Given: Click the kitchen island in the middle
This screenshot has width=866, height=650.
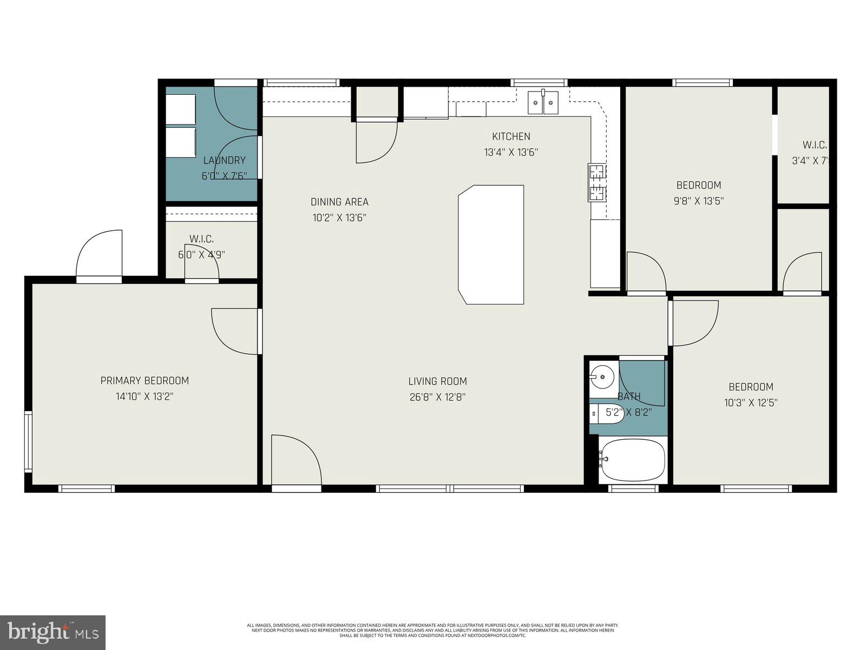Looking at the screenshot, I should click(x=491, y=244).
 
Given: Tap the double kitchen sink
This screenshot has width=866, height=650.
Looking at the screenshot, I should click(x=543, y=102).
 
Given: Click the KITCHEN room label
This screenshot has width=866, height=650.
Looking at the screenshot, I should click(x=511, y=136).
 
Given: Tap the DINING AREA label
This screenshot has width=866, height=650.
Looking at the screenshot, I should click(x=339, y=202).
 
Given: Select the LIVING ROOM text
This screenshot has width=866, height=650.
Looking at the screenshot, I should click(x=437, y=381).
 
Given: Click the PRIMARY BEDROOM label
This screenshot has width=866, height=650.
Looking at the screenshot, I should click(x=145, y=381).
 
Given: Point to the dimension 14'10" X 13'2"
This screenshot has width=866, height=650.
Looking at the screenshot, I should click(x=145, y=396).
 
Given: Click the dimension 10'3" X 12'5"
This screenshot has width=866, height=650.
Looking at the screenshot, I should click(x=751, y=402).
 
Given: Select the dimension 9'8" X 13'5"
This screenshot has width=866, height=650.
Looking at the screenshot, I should click(x=699, y=201).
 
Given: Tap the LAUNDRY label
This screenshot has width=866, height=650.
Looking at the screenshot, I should click(x=224, y=160).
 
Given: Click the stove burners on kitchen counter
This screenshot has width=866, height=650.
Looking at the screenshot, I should click(x=596, y=182).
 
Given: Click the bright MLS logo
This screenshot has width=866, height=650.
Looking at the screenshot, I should click(x=53, y=632).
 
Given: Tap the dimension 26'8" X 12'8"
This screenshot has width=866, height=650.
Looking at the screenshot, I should click(x=437, y=397).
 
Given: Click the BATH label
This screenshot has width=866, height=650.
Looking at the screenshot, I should click(x=629, y=397).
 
